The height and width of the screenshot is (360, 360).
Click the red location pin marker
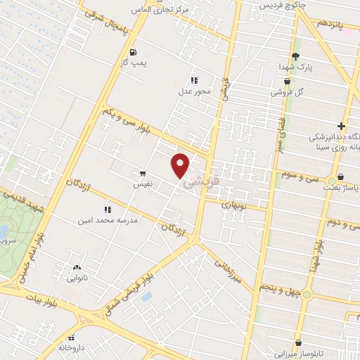pyautogui.click(x=181, y=165)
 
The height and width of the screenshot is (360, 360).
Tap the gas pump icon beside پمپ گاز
pyautogui.click(x=133, y=51)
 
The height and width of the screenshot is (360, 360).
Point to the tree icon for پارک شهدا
pyautogui.click(x=296, y=56)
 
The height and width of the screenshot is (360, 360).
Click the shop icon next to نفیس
pyautogui.click(x=143, y=172)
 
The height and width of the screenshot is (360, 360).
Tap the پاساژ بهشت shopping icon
pyautogui.click(x=341, y=176)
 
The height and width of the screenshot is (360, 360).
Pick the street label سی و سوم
pyautogui.click(x=301, y=175)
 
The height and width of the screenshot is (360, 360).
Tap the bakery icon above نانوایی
pyautogui.click(x=77, y=267)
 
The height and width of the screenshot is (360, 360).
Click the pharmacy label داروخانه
pyautogui.click(x=72, y=347)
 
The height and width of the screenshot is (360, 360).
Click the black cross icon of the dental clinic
pyautogui.click(x=341, y=125)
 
